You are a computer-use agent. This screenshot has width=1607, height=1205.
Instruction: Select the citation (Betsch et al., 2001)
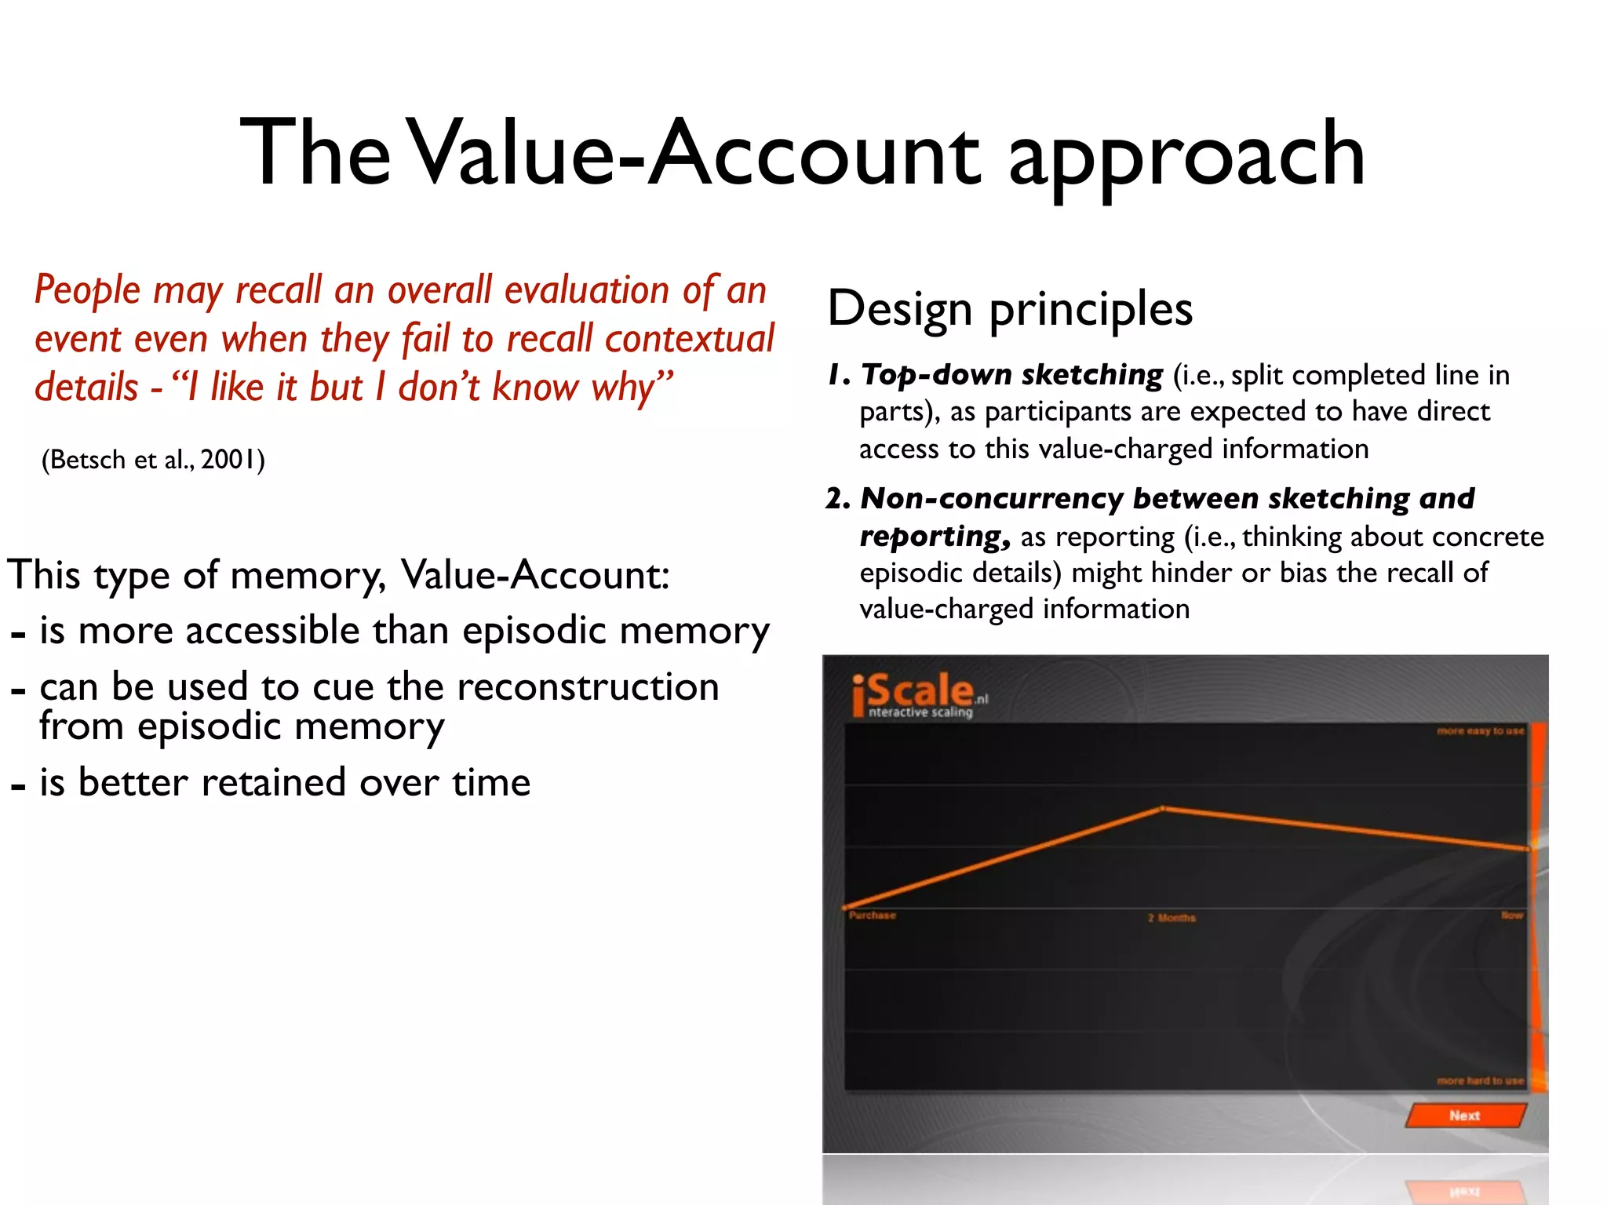pyautogui.click(x=153, y=459)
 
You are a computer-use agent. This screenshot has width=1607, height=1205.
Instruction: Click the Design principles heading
pyautogui.click(x=1010, y=308)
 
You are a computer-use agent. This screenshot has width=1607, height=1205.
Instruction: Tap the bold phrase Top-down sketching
pyautogui.click(x=1011, y=375)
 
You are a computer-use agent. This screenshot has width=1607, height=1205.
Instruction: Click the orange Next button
pyautogui.click(x=1464, y=1115)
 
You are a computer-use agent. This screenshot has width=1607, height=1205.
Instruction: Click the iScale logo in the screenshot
pyautogui.click(x=918, y=695)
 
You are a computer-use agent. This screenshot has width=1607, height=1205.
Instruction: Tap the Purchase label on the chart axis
pyautogui.click(x=872, y=916)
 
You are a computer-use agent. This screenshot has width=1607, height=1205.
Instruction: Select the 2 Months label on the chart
pyautogui.click(x=1172, y=918)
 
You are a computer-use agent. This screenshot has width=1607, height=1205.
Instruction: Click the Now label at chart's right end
pyautogui.click(x=1511, y=916)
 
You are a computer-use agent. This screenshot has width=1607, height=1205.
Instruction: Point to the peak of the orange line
pyautogui.click(x=1163, y=808)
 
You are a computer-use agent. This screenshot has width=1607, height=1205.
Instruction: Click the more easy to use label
pyautogui.click(x=1480, y=731)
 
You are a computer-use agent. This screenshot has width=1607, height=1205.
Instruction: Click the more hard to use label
pyautogui.click(x=1480, y=1081)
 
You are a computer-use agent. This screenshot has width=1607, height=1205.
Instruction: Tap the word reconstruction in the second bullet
pyautogui.click(x=588, y=687)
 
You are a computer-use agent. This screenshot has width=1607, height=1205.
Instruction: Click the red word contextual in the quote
pyautogui.click(x=689, y=339)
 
